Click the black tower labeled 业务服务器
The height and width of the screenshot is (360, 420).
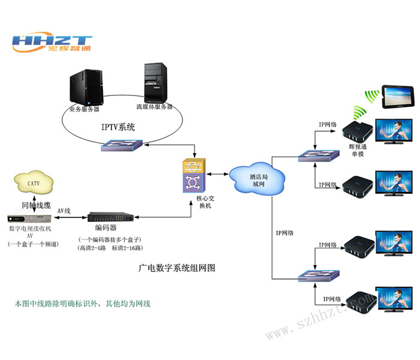pos(86,88)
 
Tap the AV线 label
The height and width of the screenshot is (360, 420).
pos(64,211)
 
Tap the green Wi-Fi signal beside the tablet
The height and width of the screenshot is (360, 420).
pos(373,97)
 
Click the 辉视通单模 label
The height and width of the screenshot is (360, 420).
pos(358,149)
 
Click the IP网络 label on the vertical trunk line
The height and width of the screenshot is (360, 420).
pos(286,232)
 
